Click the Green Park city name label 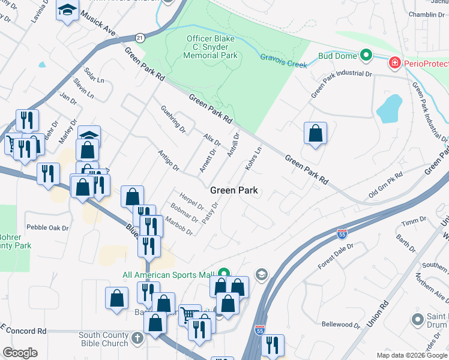(x=234, y=190)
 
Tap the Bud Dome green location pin (x=366, y=56)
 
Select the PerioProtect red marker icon (x=394, y=62)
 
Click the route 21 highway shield (x=139, y=37)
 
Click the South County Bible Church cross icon (x=137, y=338)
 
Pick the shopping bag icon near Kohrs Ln (x=315, y=134)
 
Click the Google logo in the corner (x=20, y=353)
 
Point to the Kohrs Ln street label (x=253, y=158)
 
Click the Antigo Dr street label (x=169, y=161)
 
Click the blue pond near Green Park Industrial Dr (x=389, y=109)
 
